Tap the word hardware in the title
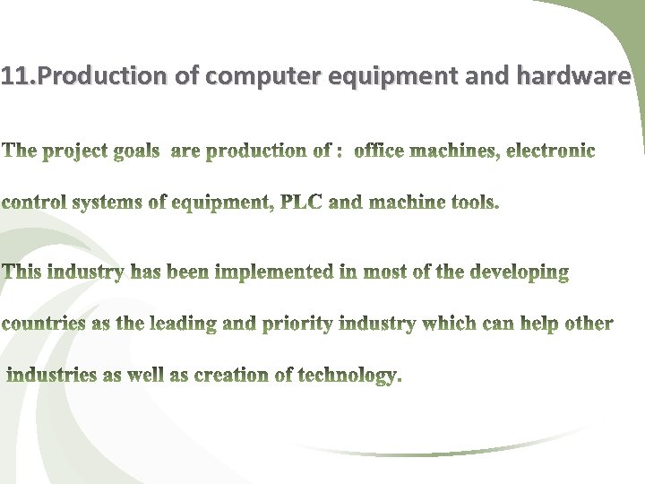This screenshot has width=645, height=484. (x=574, y=77)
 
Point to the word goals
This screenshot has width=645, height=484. (x=137, y=151)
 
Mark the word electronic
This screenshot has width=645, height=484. (x=550, y=151)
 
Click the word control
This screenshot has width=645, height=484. (x=31, y=203)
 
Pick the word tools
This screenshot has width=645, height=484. (x=474, y=202)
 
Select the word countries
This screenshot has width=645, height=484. (x=42, y=324)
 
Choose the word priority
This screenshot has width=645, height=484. (x=298, y=324)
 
